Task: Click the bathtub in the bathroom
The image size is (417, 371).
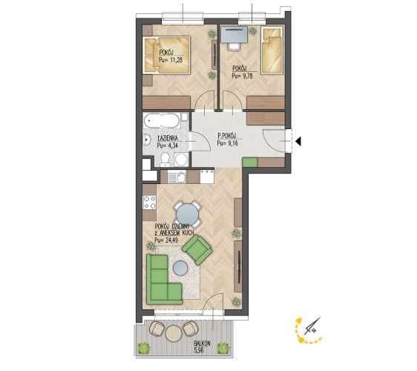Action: tap(162, 120)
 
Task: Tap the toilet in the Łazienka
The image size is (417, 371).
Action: tap(165, 160)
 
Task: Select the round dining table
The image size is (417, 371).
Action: tap(188, 214)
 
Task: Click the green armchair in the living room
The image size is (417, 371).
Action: tap(197, 250)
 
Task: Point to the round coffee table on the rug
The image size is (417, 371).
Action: tap(181, 269)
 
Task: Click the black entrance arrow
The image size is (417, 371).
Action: tap(298, 141)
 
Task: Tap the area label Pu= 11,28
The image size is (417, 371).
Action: tap(171, 60)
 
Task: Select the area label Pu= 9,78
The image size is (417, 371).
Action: tap(242, 76)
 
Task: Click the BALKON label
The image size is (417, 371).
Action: tap(202, 344)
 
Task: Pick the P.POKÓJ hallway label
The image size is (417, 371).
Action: tap(226, 137)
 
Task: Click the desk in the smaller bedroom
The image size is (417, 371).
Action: tap(234, 35)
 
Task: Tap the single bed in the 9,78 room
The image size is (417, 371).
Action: tap(272, 50)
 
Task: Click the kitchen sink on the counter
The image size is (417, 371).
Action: tap(177, 177)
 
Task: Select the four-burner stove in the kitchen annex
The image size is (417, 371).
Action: tap(149, 202)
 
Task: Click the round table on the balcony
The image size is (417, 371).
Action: tap(174, 333)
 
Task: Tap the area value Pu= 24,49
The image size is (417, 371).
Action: tap(166, 240)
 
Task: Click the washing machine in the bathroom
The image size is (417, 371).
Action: tap(181, 160)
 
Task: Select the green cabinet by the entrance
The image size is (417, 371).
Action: tap(250, 162)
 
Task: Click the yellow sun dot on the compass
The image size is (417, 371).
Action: tap(301, 340)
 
